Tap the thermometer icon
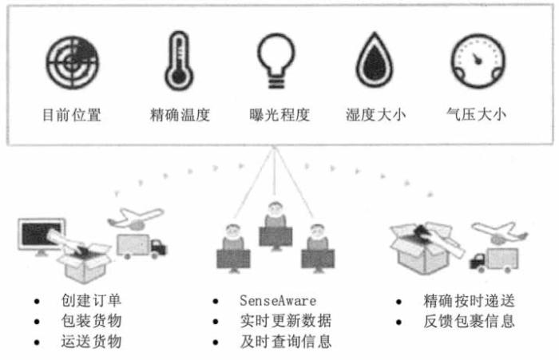point(178,61)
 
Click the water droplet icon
point(375,62)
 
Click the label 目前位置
point(71,114)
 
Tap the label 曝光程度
point(279,114)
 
